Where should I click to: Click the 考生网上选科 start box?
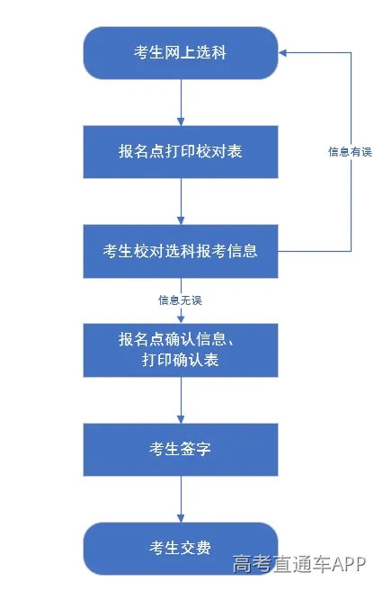(181, 53)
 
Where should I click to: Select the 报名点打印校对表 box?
(181, 152)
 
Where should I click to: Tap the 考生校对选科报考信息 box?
(181, 251)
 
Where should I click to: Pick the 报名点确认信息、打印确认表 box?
(181, 351)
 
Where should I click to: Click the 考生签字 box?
(181, 449)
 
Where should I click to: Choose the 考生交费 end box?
(181, 548)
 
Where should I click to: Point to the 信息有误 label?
(350, 152)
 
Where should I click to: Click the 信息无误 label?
(180, 300)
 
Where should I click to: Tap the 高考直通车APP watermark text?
(299, 564)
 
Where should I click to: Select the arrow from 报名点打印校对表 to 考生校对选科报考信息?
(181, 201)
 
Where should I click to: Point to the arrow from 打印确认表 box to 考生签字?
(181, 400)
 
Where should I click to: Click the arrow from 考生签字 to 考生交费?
(181, 498)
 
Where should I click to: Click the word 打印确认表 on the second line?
(181, 362)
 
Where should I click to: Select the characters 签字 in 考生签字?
(197, 449)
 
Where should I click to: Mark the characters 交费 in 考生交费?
(197, 548)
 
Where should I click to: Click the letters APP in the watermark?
(348, 564)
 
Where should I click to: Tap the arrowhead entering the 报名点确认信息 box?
(181, 318)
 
